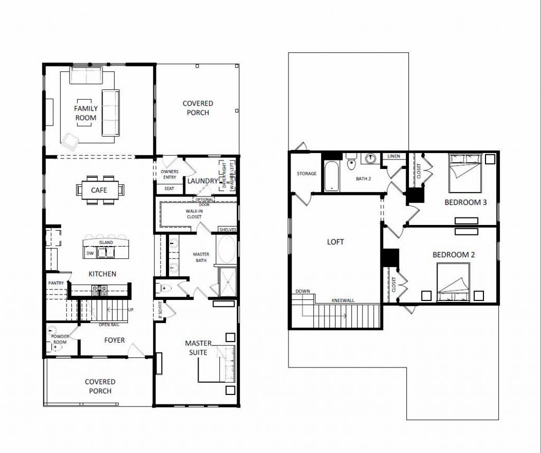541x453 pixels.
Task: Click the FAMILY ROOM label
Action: point(86,113)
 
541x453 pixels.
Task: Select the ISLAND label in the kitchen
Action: point(106,243)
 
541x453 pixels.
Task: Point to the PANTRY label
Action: point(56,284)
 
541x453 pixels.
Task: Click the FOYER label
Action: point(114,340)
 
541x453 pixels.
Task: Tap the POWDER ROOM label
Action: point(60,339)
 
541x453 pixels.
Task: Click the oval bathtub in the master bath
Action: point(227,251)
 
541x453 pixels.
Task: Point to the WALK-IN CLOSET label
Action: point(193,214)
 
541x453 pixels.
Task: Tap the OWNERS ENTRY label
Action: point(169,175)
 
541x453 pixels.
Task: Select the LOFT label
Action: point(335,242)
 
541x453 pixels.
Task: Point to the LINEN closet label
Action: point(394,157)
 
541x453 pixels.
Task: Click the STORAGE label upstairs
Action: point(306,174)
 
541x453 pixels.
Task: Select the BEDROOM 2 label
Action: point(453,254)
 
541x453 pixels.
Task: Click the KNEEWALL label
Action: point(342,300)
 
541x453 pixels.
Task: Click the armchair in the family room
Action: point(70,139)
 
